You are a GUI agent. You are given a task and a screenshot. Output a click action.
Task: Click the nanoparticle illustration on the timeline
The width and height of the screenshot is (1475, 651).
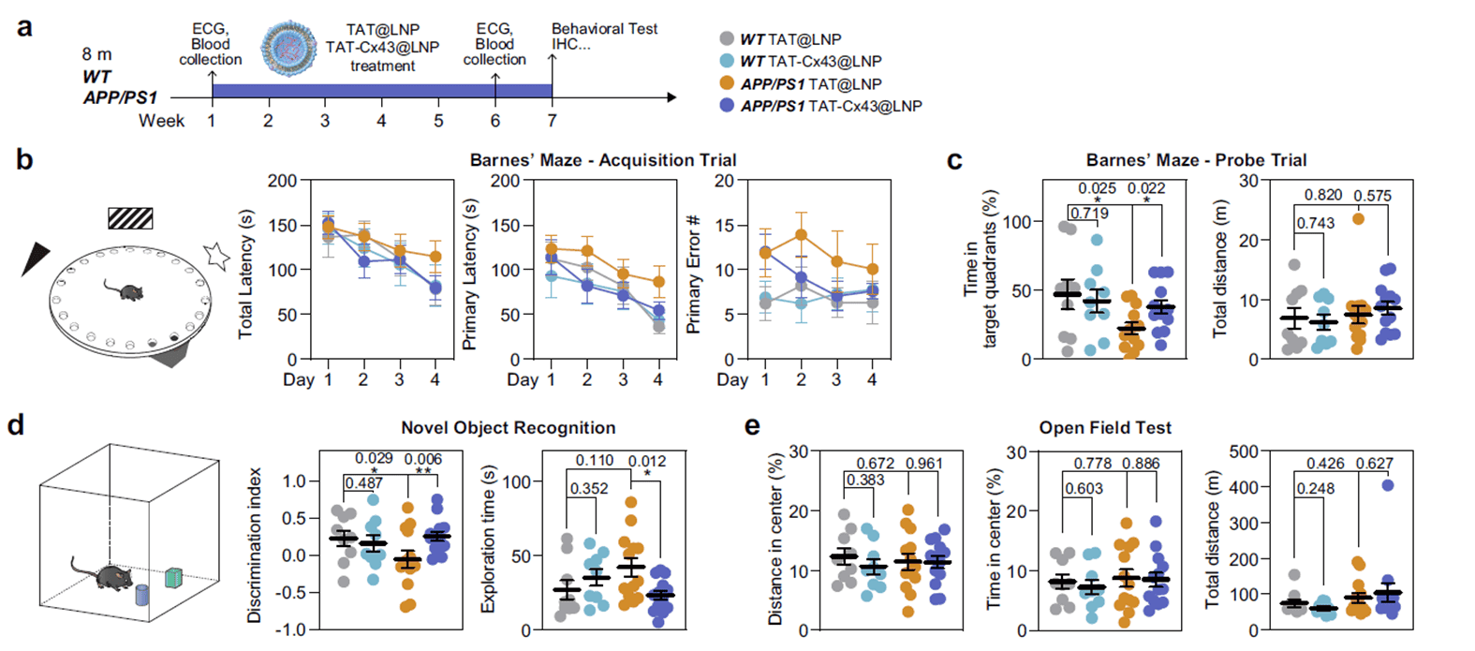tap(289, 45)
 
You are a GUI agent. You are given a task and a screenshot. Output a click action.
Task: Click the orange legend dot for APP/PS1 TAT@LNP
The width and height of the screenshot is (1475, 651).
tap(726, 83)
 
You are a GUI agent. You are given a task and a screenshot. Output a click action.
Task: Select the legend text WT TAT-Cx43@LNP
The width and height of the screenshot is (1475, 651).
tap(810, 61)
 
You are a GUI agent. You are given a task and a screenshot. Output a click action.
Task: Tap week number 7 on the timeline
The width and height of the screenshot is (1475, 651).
tap(552, 121)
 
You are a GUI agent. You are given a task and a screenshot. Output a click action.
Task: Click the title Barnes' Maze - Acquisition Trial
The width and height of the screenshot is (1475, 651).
tap(603, 160)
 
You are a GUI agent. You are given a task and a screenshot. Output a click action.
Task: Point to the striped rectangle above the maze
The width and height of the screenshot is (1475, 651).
tap(130, 218)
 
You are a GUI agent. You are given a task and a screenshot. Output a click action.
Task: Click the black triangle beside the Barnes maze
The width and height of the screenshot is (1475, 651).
tap(37, 259)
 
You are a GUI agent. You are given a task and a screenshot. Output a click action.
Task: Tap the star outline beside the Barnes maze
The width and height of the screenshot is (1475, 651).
tap(217, 255)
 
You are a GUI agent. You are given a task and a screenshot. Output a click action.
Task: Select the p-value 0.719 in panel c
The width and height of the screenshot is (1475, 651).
tap(1089, 214)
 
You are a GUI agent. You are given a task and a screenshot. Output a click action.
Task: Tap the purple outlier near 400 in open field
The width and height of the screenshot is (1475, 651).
tap(1387, 485)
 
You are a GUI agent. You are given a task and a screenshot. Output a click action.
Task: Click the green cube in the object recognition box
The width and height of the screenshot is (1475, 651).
tap(173, 577)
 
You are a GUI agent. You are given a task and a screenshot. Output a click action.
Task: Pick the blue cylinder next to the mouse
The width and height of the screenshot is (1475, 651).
tap(142, 597)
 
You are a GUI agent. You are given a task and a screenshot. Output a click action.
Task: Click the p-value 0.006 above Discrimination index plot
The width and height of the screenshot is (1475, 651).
tap(423, 459)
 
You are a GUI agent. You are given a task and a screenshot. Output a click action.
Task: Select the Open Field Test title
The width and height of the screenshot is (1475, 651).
tap(1105, 428)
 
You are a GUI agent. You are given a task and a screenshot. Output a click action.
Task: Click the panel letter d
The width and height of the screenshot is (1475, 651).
tap(16, 426)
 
